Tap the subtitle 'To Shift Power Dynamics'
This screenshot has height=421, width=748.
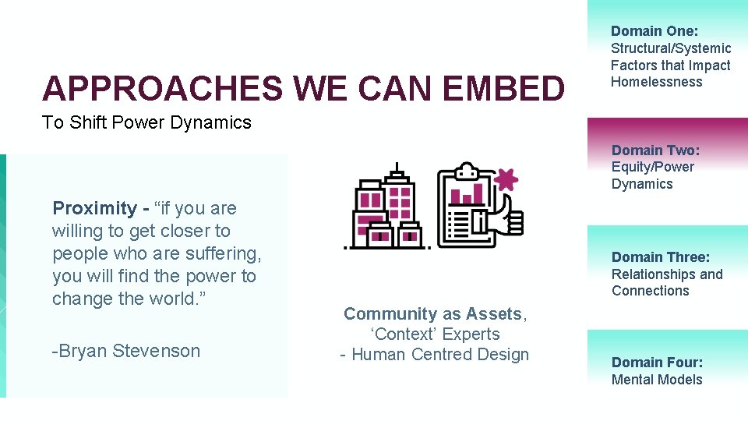pos(147,122)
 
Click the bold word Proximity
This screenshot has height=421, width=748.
pos(94,208)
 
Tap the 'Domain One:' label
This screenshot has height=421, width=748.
pos(654,31)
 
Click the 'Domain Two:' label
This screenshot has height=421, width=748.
pos(655,150)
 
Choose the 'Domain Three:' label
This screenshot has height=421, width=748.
pos(660,257)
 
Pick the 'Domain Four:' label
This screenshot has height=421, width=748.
pos(657,362)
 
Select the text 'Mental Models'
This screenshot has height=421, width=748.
pos(657,380)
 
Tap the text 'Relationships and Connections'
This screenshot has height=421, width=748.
pos(666,282)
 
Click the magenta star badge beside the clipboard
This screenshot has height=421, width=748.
pos(506,179)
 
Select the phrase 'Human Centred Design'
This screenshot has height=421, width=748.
pos(440,355)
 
